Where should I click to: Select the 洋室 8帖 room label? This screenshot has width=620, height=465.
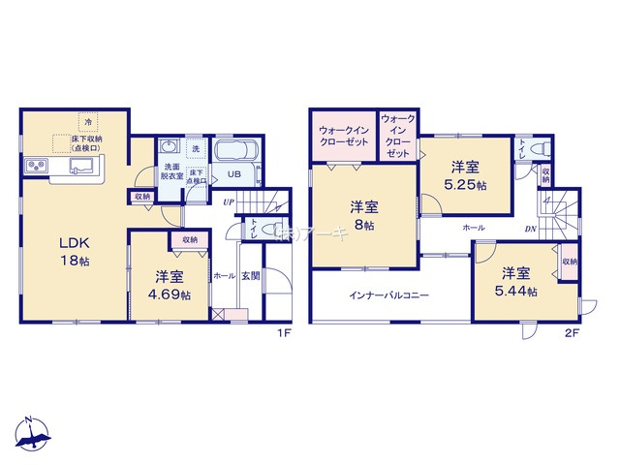point(363,214)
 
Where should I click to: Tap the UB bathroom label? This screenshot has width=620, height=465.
point(233,175)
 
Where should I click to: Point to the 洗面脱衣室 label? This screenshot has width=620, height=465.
point(172,172)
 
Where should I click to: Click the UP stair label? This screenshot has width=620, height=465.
point(228,201)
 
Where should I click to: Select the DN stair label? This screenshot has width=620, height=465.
point(530,229)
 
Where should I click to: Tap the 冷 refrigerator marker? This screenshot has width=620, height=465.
point(88,122)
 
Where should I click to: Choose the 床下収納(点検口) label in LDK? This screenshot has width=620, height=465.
point(85,144)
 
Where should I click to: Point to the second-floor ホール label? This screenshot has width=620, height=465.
point(474,227)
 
